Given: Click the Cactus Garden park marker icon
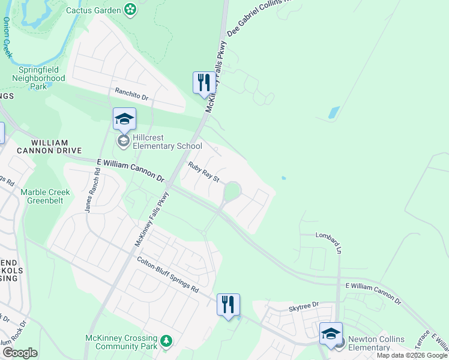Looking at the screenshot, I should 130,10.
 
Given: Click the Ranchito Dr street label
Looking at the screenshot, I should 131,94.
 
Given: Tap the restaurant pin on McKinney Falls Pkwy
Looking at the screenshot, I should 204,82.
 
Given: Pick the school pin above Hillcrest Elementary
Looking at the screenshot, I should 124,118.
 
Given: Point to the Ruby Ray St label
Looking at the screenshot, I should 204,172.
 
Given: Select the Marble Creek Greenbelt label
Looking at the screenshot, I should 45,196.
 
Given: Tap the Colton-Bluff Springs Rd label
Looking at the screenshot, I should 167,274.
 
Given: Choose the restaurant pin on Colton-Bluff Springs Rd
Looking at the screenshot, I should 228,304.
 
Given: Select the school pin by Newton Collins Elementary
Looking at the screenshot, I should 330,334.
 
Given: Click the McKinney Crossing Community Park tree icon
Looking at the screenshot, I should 166,341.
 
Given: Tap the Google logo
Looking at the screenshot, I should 20,353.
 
